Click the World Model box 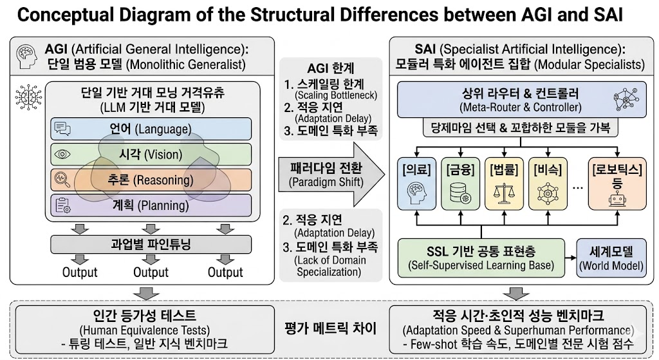pyautogui.click(x=611, y=257)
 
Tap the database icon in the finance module pyautogui.click(x=459, y=192)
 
